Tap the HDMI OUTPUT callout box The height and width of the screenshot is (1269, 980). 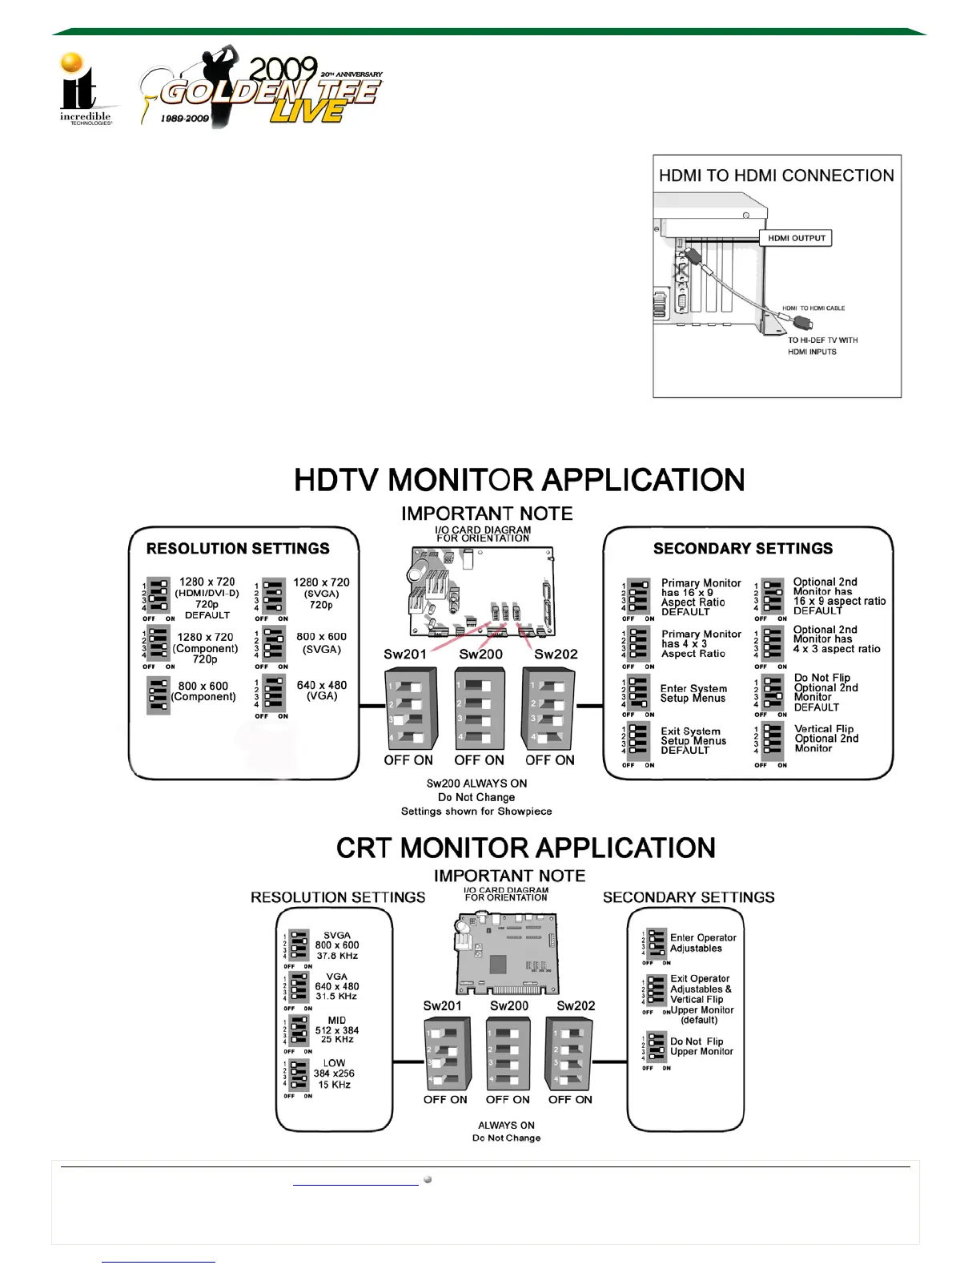point(796,238)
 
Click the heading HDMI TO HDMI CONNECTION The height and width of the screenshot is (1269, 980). point(776,175)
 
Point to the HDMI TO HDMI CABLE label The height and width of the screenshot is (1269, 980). point(813,308)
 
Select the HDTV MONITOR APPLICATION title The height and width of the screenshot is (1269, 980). point(519,481)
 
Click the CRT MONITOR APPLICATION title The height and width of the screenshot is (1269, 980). point(525,848)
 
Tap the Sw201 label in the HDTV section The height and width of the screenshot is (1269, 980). point(404,655)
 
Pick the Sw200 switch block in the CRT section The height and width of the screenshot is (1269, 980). point(508,1054)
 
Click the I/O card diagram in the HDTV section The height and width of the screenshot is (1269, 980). point(484,591)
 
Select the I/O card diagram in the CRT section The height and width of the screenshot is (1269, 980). point(506,954)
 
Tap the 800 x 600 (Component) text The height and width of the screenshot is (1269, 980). point(203,691)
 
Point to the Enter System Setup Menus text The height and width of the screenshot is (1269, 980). point(693,694)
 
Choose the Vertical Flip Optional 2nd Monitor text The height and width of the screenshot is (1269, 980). point(825,739)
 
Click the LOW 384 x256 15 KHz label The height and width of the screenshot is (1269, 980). point(334,1074)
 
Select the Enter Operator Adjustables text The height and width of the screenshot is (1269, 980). point(703,943)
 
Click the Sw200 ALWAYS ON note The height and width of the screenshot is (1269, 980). point(476,784)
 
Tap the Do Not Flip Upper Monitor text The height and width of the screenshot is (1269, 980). point(701,1046)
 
